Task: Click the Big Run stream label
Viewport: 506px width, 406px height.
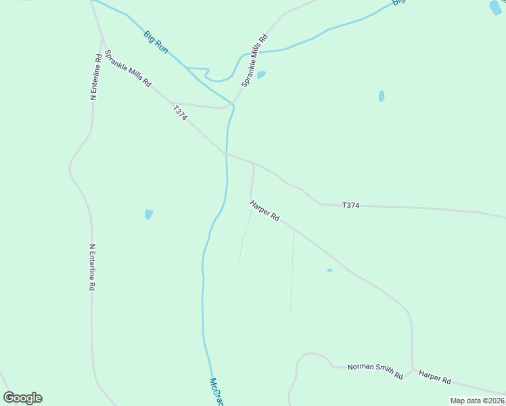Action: tap(156, 41)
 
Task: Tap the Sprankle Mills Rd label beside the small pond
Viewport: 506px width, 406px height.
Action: tap(254, 60)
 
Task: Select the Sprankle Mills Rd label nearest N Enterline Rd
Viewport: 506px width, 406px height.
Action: tap(128, 68)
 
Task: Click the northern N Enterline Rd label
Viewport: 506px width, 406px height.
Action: tap(96, 77)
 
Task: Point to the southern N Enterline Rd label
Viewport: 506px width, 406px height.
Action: tap(92, 268)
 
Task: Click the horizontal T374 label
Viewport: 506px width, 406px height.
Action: tap(350, 205)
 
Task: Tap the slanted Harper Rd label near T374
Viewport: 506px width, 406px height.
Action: tap(264, 210)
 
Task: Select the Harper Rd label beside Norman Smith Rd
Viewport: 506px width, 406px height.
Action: tap(434, 377)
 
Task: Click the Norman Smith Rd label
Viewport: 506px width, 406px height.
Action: tap(375, 371)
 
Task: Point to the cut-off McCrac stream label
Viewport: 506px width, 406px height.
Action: tap(216, 392)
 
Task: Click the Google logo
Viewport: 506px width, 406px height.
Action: tap(22, 398)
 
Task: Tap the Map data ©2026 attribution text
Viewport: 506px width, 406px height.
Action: tap(477, 401)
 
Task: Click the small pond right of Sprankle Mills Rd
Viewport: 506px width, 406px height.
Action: tap(261, 74)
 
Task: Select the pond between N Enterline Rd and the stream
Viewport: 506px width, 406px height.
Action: tap(148, 215)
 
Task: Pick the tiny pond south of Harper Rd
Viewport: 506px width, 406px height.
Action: tap(329, 271)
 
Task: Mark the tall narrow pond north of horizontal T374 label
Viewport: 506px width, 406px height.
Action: tap(382, 96)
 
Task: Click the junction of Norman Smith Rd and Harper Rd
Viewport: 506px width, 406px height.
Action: tap(413, 370)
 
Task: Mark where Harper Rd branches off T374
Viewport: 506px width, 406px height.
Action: tap(253, 163)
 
